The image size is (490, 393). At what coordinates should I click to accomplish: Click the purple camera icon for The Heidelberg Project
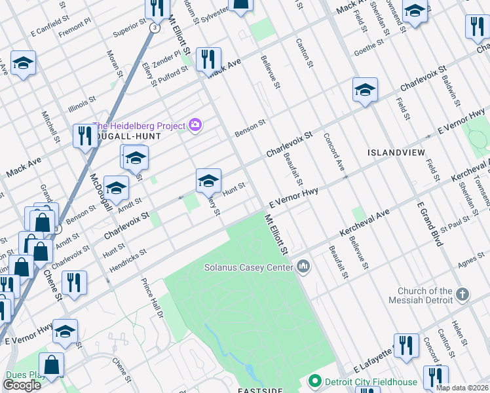click(x=195, y=124)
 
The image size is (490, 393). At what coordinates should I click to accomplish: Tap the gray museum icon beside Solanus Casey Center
click(x=303, y=267)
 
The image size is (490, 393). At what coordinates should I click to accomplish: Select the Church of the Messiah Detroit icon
click(x=463, y=295)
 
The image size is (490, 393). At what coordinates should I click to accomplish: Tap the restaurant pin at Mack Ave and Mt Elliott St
click(x=208, y=58)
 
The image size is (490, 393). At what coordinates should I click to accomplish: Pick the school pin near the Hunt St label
click(x=208, y=181)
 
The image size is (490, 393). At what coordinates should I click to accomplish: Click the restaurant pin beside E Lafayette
click(x=406, y=345)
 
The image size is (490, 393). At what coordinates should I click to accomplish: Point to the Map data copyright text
click(x=462, y=388)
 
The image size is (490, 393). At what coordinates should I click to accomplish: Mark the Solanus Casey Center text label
click(x=248, y=267)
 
